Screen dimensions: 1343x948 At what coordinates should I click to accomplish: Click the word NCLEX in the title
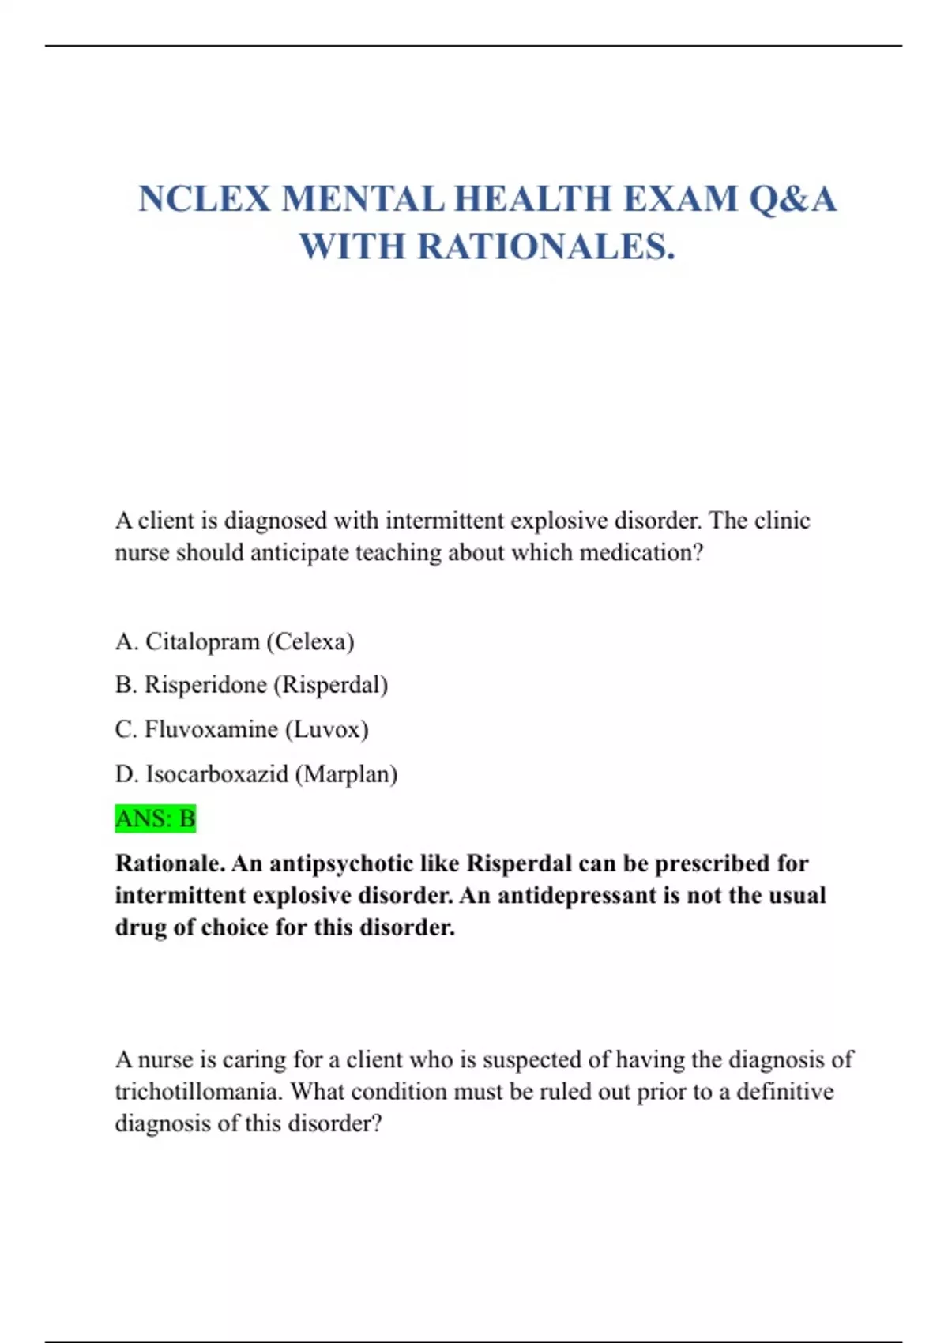(205, 198)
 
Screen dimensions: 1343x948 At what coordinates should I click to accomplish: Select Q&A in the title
(792, 198)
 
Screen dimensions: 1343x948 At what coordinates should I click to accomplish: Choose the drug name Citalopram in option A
(202, 641)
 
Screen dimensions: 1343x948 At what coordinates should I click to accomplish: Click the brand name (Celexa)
(310, 641)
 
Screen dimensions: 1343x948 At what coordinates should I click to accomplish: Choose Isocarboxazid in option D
(216, 774)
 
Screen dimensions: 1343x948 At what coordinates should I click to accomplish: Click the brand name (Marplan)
(346, 774)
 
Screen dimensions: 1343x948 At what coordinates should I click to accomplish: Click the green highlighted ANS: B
(156, 818)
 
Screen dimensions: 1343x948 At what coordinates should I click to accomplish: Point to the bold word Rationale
(169, 863)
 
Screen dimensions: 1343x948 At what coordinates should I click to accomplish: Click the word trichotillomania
(198, 1092)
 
